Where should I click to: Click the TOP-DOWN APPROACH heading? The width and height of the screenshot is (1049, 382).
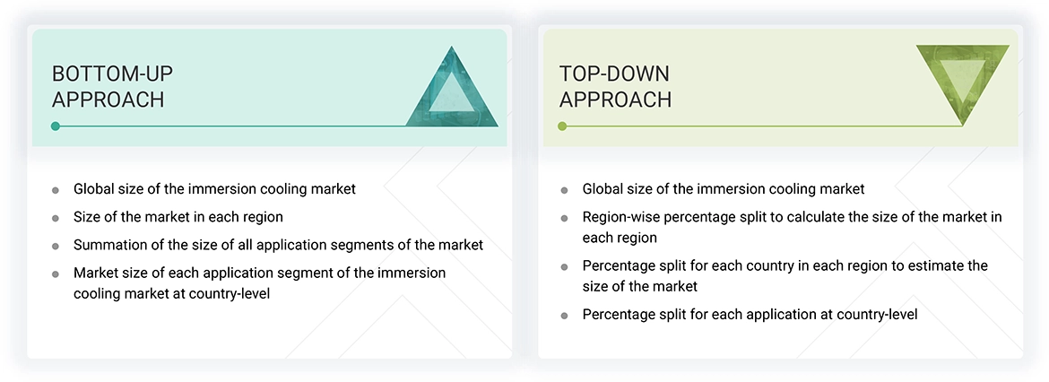[615, 86]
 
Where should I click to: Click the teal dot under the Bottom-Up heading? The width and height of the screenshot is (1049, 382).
[56, 126]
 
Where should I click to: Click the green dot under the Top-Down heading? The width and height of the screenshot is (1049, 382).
[562, 126]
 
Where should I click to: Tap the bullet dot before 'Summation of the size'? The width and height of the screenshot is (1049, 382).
[56, 246]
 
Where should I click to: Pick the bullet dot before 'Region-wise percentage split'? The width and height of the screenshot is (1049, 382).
[564, 218]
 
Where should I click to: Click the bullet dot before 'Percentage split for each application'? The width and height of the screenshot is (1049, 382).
[564, 316]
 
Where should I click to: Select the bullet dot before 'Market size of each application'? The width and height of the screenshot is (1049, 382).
[56, 273]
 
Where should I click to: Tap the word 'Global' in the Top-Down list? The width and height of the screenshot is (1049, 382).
[603, 189]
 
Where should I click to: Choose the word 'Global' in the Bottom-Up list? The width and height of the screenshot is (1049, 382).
[94, 189]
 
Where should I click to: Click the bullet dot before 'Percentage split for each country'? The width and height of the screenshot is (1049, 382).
[564, 266]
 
